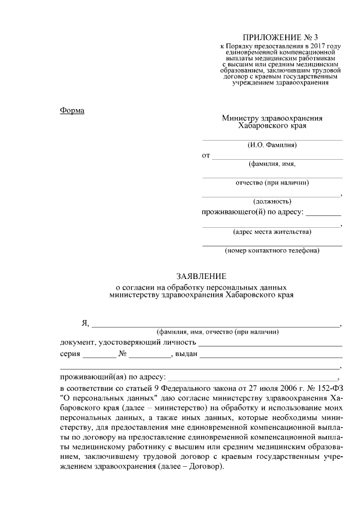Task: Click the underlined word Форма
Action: click(72, 110)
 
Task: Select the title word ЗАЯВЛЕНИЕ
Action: click(201, 276)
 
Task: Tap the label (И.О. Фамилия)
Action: click(272, 145)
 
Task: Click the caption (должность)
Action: click(272, 201)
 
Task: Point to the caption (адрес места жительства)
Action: click(272, 231)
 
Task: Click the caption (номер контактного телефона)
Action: click(272, 250)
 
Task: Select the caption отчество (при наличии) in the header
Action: click(272, 182)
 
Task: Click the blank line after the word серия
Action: click(99, 356)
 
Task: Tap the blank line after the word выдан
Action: click(271, 356)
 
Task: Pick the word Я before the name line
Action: click(85, 323)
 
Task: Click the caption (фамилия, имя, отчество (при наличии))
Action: click(218, 332)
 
